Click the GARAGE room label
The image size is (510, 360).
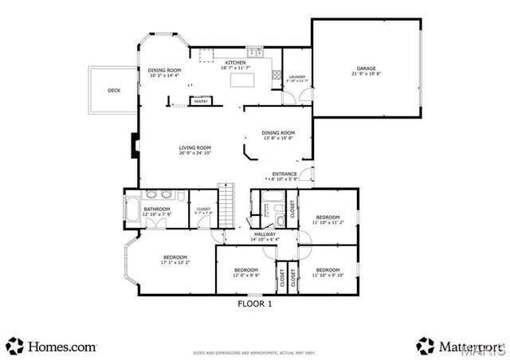click(366, 69)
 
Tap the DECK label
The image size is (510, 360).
click(114, 90)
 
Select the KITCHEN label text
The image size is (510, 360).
click(235, 62)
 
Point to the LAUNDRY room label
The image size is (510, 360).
click(296, 77)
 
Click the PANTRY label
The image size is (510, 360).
click(201, 101)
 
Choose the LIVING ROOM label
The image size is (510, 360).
click(194, 148)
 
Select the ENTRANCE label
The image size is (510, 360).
click(284, 175)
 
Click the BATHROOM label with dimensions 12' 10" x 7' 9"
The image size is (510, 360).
click(157, 211)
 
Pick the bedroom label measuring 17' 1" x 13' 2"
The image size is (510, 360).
click(175, 259)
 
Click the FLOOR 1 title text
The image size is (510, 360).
click(255, 303)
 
